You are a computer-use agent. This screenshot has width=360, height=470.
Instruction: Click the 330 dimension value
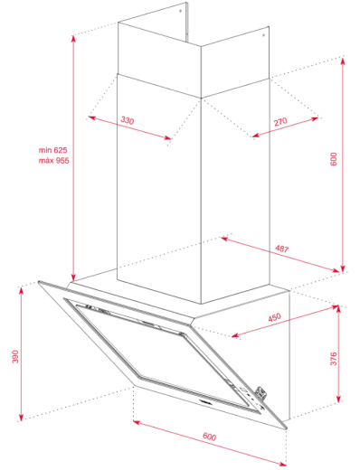click(x=127, y=120)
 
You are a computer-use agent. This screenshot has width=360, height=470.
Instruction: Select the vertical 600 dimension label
click(x=333, y=160)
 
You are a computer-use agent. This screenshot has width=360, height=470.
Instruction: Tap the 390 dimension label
click(x=14, y=356)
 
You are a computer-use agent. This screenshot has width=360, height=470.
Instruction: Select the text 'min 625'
click(x=53, y=149)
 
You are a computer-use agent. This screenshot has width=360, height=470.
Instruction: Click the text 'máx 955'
click(x=53, y=160)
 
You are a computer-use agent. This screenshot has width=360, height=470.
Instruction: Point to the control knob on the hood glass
click(x=261, y=390)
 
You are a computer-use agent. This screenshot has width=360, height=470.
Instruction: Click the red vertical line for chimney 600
click(x=342, y=163)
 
